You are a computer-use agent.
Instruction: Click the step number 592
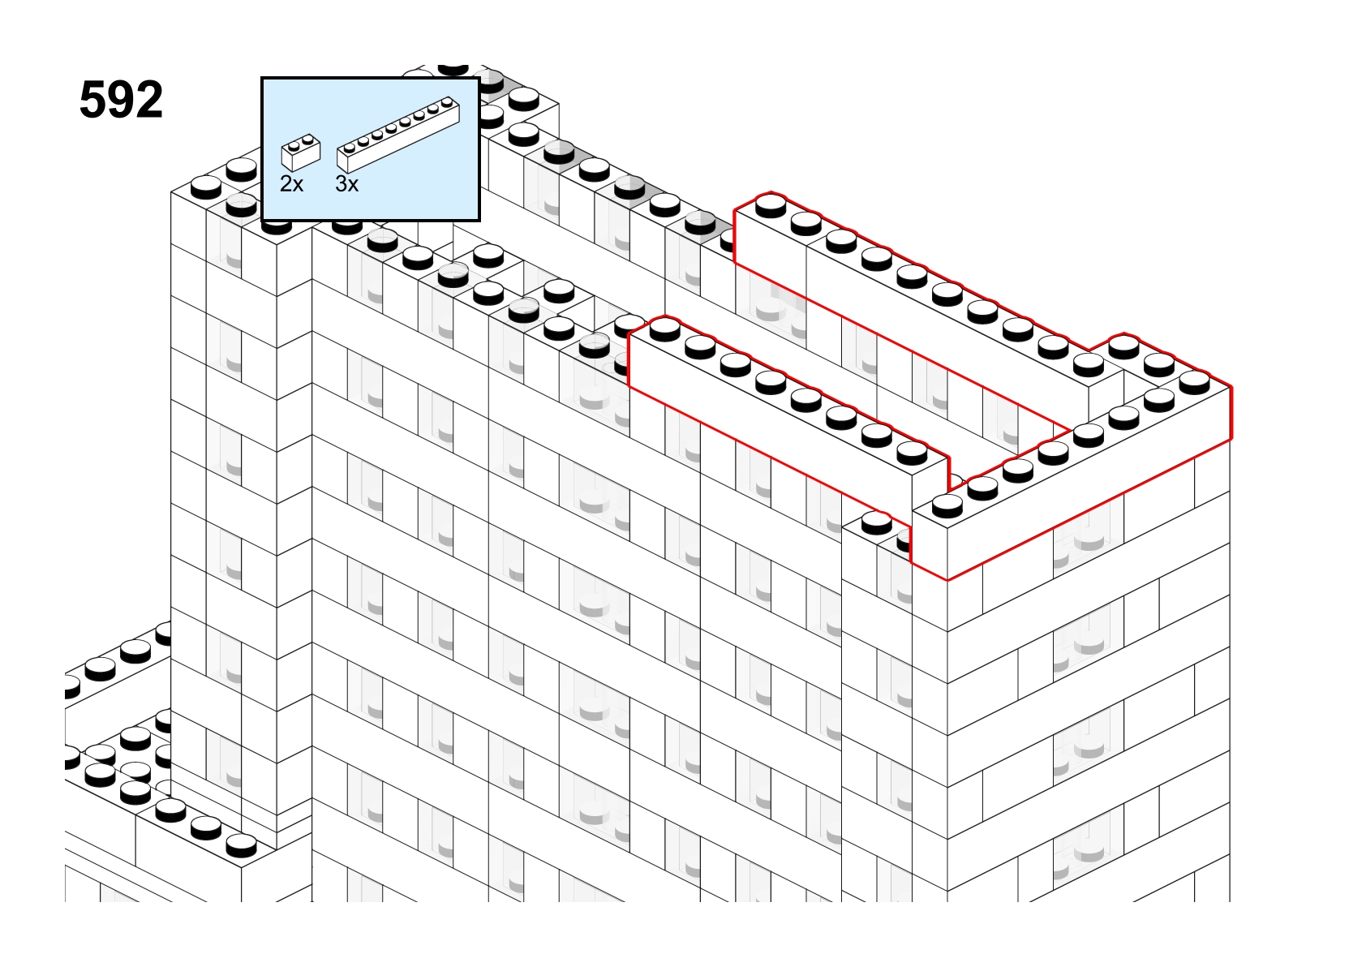[121, 100]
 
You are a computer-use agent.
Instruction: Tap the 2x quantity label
[291, 183]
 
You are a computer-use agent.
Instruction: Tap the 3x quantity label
[347, 183]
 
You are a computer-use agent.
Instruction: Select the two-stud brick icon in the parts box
[301, 153]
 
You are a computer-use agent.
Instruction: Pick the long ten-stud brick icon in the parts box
[398, 135]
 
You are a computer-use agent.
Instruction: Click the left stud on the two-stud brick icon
[294, 146]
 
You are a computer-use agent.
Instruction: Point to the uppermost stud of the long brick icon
[448, 101]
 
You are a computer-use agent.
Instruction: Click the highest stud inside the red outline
[771, 205]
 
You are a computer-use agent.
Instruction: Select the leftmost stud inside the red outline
[664, 329]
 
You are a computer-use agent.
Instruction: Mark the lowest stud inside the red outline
[947, 505]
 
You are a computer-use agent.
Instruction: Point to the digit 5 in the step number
[92, 100]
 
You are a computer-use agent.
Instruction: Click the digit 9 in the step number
[121, 100]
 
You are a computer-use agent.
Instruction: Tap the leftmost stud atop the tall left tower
[205, 187]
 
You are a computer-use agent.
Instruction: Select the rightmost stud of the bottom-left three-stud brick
[241, 845]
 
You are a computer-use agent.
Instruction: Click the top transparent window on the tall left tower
[224, 244]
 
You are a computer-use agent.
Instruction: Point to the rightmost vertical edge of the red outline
[1231, 412]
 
